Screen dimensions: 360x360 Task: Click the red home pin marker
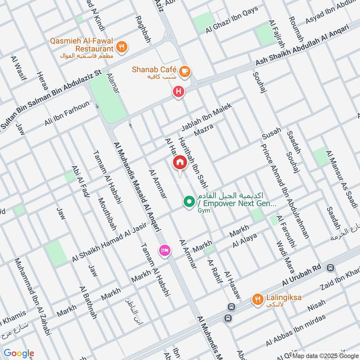coord(180,163)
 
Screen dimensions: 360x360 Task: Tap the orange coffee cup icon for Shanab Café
coord(184,71)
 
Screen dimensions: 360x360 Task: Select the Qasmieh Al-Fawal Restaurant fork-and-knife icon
coord(121,46)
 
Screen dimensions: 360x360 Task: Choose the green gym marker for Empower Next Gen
coord(189,201)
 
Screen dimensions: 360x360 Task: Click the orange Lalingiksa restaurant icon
coord(257,299)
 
